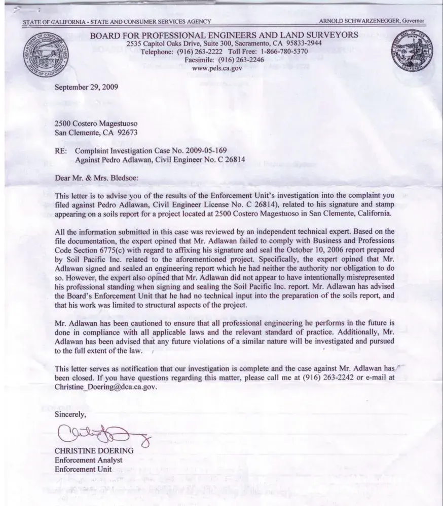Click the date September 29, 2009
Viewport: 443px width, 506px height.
(86, 87)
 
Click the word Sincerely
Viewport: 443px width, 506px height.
(70, 414)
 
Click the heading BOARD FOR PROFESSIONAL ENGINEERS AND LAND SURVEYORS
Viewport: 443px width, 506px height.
(224, 34)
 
